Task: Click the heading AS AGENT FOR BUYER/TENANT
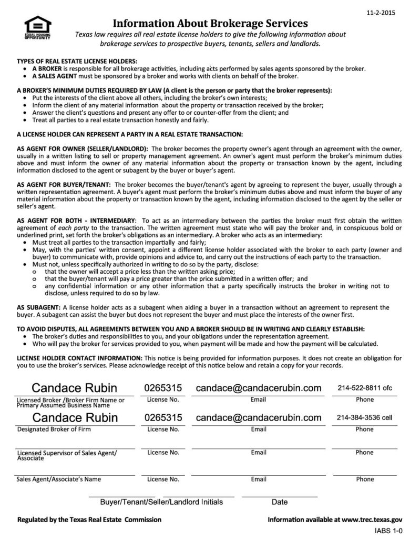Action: click(64, 185)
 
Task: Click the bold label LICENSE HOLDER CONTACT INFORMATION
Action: click(79, 358)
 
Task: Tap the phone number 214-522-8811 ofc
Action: click(364, 388)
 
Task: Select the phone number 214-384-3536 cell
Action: click(364, 418)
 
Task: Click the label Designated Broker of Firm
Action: click(54, 430)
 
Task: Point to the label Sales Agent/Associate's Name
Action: click(59, 480)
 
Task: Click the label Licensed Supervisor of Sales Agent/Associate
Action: click(67, 455)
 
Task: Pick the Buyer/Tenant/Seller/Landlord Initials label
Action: click(161, 502)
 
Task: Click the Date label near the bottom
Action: click(280, 502)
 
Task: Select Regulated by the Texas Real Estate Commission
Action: click(89, 520)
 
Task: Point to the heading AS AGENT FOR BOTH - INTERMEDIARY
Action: click(76, 219)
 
